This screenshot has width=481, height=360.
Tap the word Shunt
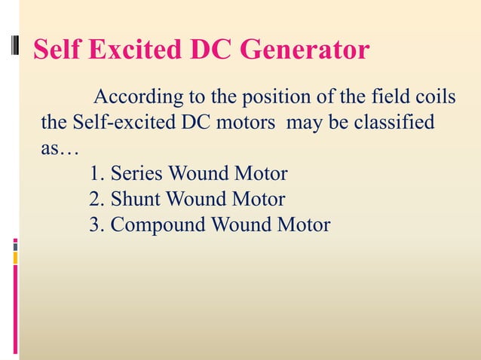pyautogui.click(x=136, y=200)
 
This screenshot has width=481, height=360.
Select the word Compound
pyautogui.click(x=158, y=225)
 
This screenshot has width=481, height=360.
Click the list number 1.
pyautogui.click(x=94, y=175)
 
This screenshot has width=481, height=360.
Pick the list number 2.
pyautogui.click(x=94, y=200)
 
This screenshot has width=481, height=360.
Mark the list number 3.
pyautogui.click(x=94, y=225)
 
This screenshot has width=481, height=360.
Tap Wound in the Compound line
pyautogui.click(x=237, y=225)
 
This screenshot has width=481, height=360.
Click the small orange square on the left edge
pyautogui.click(x=15, y=258)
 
